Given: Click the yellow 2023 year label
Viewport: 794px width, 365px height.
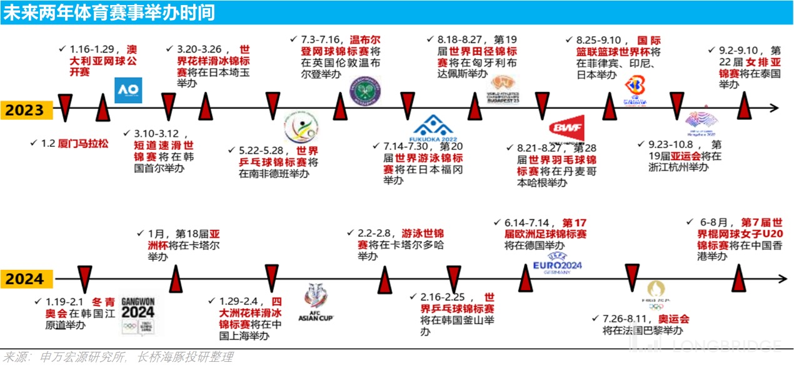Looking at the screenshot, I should tap(25, 110).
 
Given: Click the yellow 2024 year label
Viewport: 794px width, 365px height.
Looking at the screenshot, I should tap(25, 279).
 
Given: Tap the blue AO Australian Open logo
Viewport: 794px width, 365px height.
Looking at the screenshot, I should tap(129, 90).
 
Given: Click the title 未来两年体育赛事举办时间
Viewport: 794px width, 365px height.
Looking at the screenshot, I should tap(110, 12).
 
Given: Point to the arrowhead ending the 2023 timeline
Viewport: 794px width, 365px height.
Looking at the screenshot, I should tap(775, 108).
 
